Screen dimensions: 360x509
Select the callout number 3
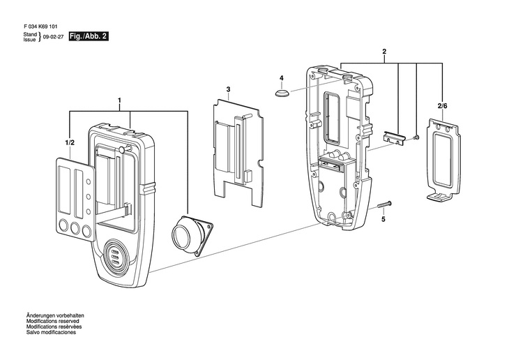point(228,90)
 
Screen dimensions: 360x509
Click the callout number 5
point(382,219)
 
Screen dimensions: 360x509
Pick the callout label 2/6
point(442,105)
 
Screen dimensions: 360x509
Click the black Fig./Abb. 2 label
point(89,36)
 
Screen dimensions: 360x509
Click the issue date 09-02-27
point(53,36)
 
